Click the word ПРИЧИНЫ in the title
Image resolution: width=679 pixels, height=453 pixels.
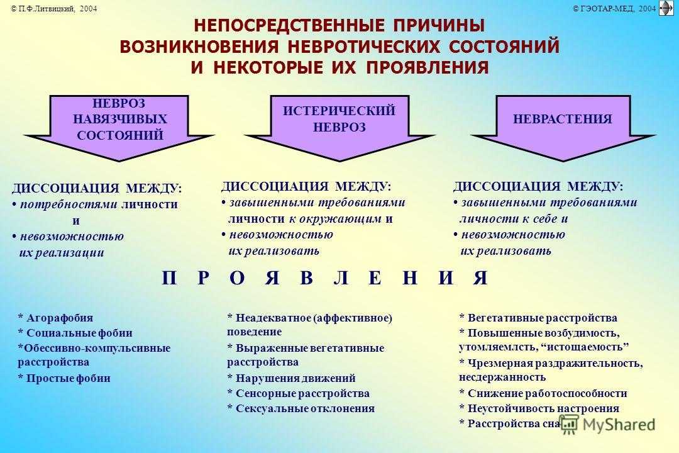439,25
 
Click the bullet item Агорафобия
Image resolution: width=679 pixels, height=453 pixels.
55,318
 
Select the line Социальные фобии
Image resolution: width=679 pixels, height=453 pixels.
75,333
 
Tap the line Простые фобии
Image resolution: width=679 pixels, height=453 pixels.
64,378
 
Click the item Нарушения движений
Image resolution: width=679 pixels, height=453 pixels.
292,378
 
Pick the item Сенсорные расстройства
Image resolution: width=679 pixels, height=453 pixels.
299,393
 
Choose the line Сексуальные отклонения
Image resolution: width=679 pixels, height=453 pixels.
301,408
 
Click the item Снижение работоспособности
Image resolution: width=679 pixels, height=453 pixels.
543,393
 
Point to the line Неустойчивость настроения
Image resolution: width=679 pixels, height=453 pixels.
539,408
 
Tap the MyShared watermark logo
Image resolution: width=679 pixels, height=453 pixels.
608,424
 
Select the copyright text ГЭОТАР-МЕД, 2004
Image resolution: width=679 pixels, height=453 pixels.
614,8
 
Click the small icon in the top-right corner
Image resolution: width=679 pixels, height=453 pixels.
666,8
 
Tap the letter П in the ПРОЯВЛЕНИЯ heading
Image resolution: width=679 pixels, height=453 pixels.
169,278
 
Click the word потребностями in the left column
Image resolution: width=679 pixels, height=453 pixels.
69,204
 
